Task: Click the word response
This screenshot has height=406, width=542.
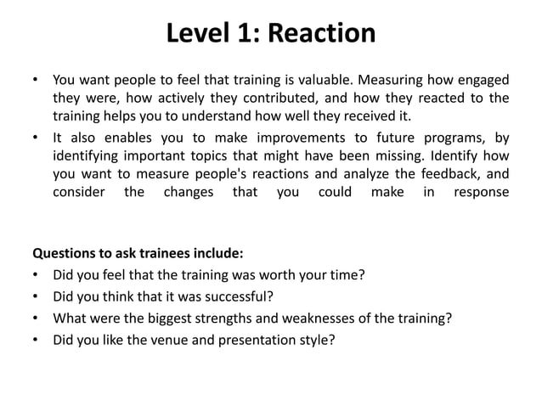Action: pos(482,193)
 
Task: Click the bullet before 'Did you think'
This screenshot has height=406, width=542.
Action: pos(36,296)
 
